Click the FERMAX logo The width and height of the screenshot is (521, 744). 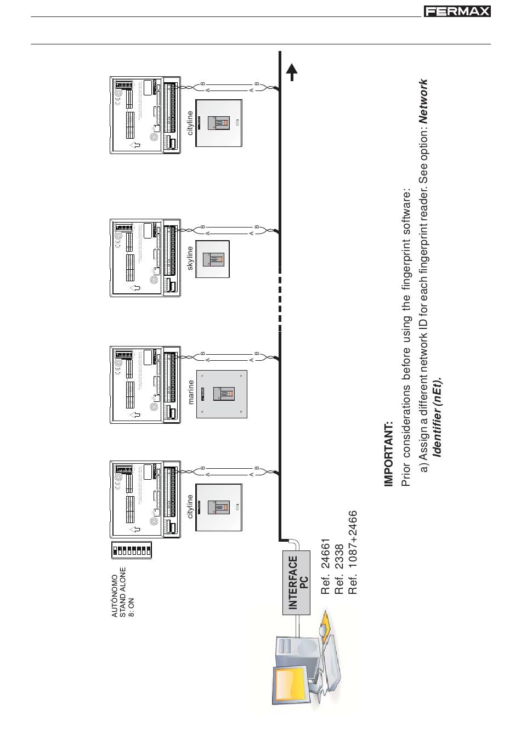tap(456, 12)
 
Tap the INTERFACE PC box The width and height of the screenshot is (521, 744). tap(296, 582)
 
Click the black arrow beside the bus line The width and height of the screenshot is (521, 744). tap(292, 72)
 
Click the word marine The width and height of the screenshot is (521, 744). tap(191, 392)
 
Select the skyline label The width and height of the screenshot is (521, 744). tap(190, 258)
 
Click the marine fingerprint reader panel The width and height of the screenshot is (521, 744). tap(222, 394)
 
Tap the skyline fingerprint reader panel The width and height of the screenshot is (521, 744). tap(213, 259)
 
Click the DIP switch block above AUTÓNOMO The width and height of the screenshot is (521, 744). tap(132, 550)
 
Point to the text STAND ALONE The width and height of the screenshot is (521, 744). tap(123, 592)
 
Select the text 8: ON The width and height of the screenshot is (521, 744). tap(131, 607)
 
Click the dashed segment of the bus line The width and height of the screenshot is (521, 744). tap(280, 299)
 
